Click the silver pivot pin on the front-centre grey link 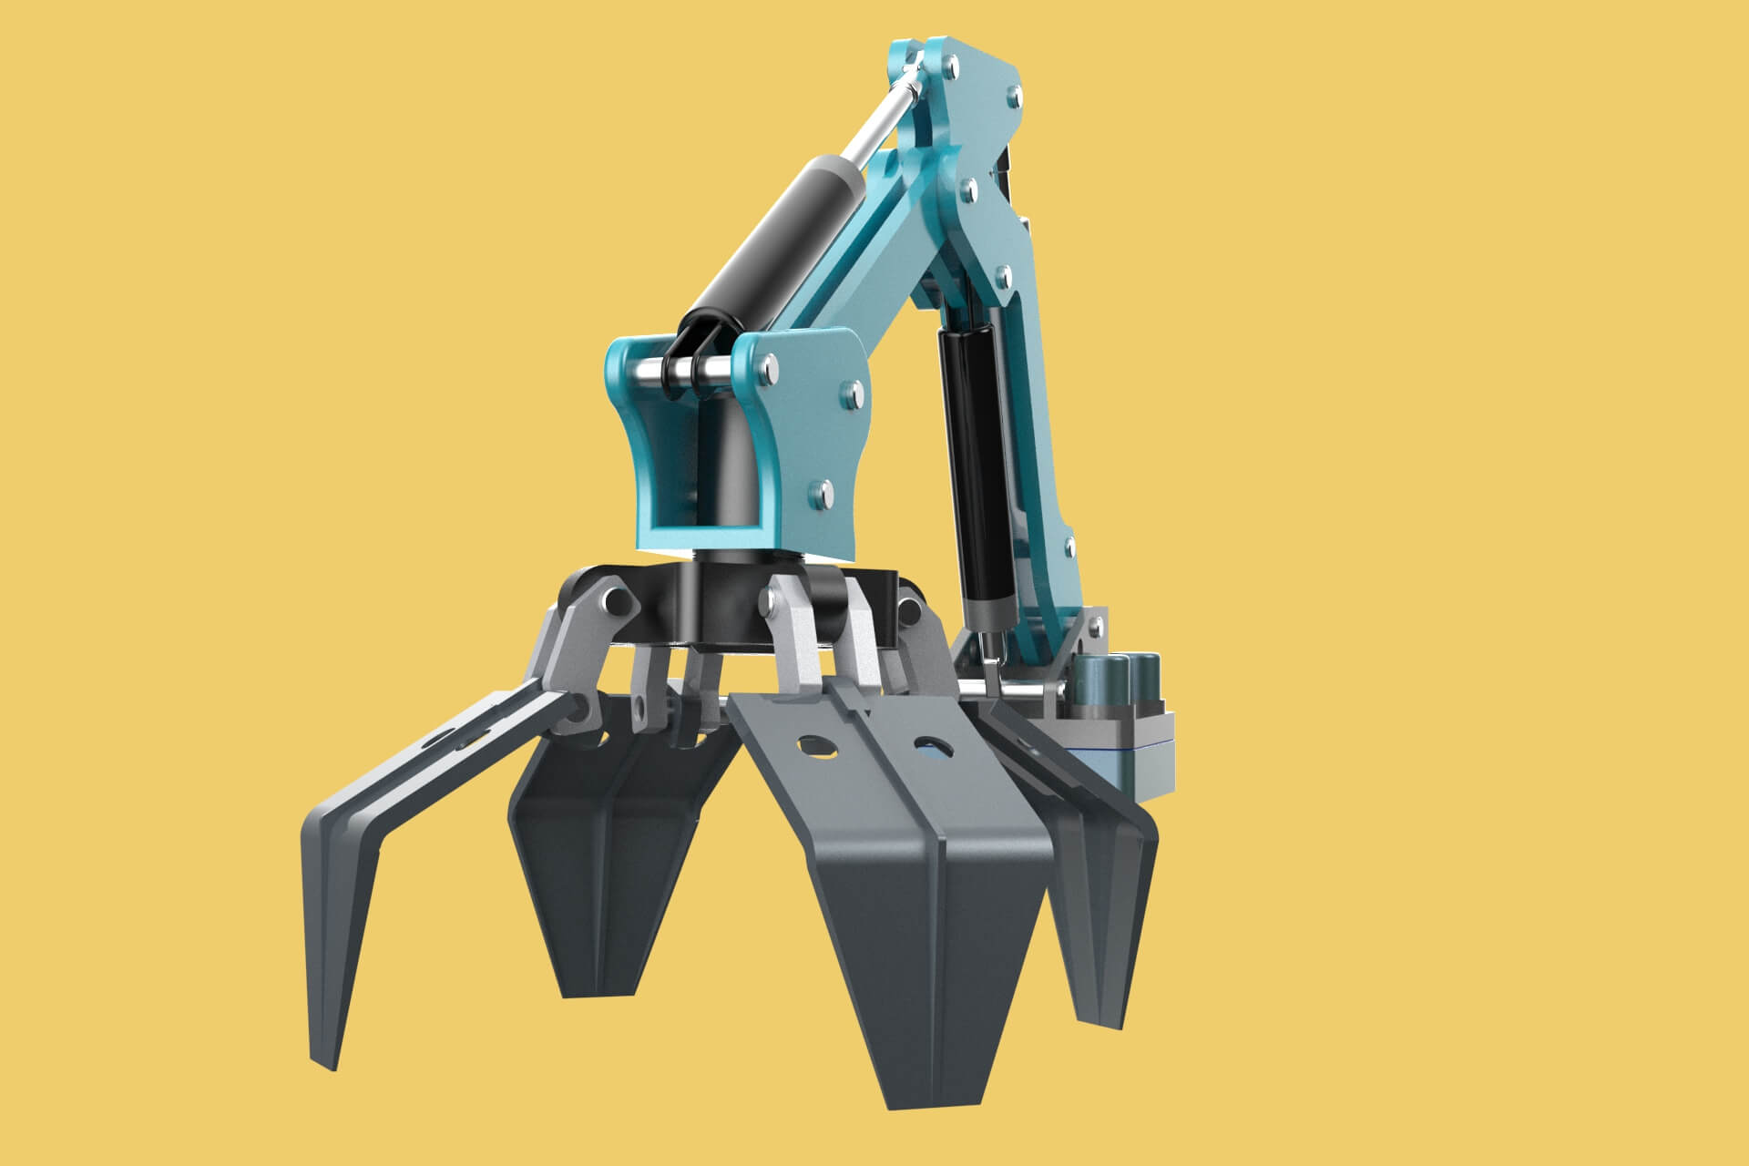click(x=772, y=598)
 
